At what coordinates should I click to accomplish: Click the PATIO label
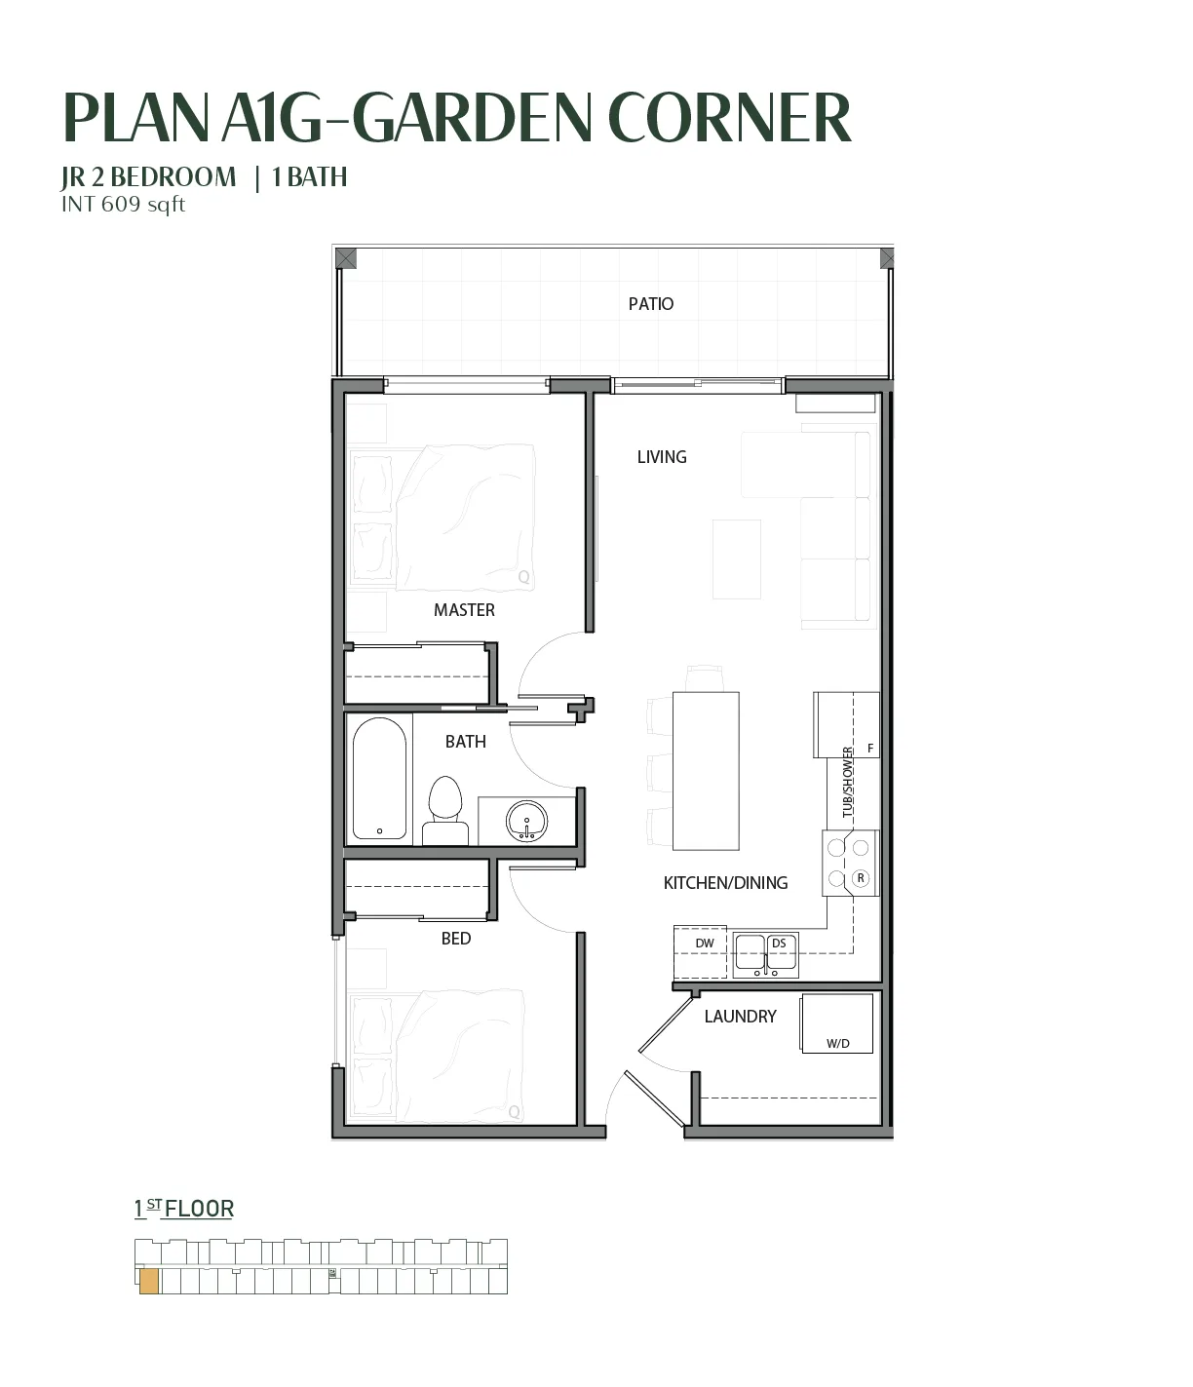click(650, 304)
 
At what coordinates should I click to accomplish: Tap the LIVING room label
click(662, 457)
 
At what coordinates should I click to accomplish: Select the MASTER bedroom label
click(464, 610)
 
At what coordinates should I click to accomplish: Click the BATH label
click(465, 742)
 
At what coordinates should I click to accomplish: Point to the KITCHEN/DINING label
click(725, 882)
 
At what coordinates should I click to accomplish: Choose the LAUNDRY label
click(740, 1016)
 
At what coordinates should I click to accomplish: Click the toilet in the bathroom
click(444, 810)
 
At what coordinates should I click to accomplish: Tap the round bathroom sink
click(526, 820)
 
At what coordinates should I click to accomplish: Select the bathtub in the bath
click(379, 779)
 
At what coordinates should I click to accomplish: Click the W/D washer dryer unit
click(836, 1023)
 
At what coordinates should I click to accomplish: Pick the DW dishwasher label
click(705, 943)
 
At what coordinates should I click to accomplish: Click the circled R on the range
click(861, 877)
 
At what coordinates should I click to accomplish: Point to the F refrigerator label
click(870, 749)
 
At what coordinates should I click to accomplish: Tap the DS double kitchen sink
click(765, 954)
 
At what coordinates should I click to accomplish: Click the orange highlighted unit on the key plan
click(149, 1281)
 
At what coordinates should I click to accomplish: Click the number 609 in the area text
click(121, 204)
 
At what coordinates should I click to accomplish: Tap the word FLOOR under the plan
click(199, 1209)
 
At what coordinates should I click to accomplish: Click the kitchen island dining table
click(706, 771)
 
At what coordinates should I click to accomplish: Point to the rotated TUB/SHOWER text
click(847, 782)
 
